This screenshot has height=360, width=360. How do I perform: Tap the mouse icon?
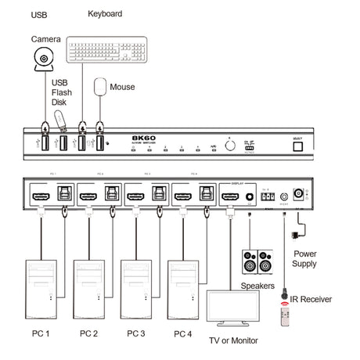[100, 87]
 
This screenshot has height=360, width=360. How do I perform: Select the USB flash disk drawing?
[57, 121]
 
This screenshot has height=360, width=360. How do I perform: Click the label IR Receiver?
[311, 298]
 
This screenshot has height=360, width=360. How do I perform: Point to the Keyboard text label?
[105, 13]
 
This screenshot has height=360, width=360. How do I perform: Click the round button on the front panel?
[229, 143]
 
